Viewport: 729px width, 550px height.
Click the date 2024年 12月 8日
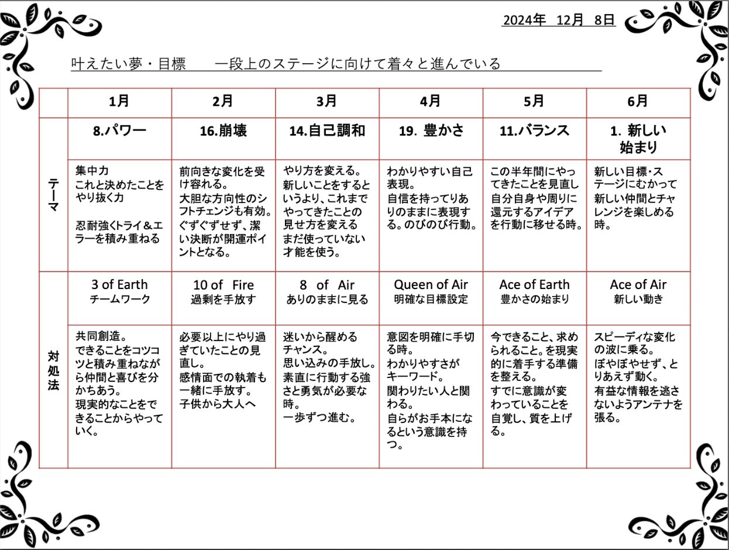[x=559, y=20]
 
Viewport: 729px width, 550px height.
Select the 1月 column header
[x=119, y=102]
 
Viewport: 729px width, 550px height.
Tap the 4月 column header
[x=431, y=102]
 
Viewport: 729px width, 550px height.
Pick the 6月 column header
[x=638, y=102]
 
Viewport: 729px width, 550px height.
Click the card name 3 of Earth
[x=119, y=285]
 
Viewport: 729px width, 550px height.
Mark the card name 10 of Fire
[x=223, y=285]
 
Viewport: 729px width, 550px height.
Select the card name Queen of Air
[x=431, y=285]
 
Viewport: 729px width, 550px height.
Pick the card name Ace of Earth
[x=534, y=285]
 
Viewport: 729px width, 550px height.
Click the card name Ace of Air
[x=638, y=285]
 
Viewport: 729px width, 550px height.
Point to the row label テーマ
[x=53, y=195]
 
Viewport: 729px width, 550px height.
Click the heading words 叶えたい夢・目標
[x=128, y=64]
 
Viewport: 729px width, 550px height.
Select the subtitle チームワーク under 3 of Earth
[x=119, y=300]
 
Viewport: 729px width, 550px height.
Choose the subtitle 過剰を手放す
[x=223, y=300]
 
